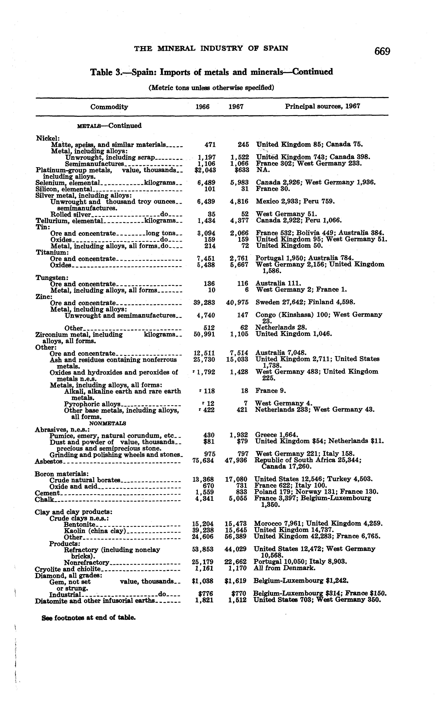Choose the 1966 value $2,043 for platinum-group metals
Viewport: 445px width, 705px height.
(x=205, y=170)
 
